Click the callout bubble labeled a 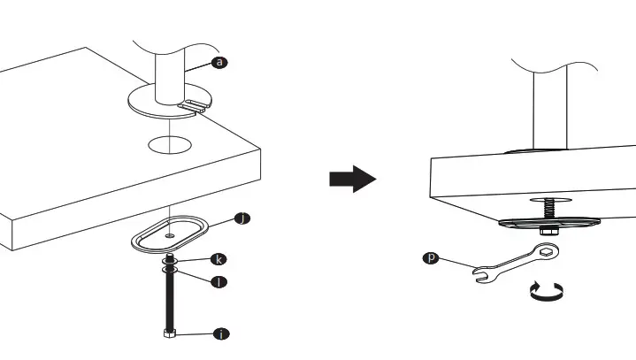218,62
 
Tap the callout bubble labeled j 240,218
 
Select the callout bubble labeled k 218,259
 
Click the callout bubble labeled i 221,333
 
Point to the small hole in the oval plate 168,235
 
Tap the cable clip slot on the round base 195,106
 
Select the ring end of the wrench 547,254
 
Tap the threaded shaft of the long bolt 168,301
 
